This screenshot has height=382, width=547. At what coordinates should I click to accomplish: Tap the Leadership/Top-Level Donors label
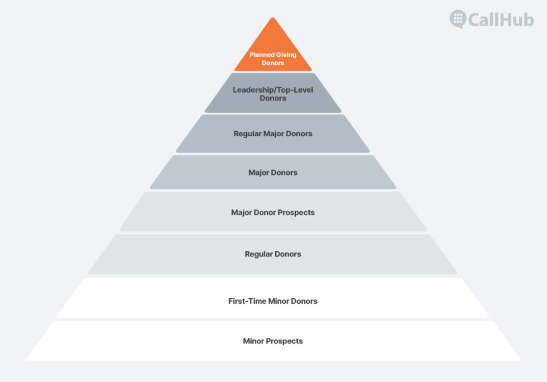click(x=273, y=93)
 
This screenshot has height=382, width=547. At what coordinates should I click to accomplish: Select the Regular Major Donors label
click(x=273, y=133)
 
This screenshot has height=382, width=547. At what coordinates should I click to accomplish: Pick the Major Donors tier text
click(x=273, y=173)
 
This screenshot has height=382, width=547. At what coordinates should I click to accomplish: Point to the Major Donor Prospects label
click(x=273, y=213)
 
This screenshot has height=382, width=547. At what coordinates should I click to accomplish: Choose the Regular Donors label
click(x=273, y=254)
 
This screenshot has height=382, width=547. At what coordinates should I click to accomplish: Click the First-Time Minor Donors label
click(x=273, y=301)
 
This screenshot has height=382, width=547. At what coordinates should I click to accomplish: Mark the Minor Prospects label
click(x=273, y=341)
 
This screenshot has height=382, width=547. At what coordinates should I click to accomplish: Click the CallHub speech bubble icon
click(x=458, y=18)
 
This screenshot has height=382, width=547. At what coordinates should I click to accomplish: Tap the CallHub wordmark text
click(x=501, y=19)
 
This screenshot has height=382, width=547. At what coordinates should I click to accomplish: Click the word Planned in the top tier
click(x=261, y=55)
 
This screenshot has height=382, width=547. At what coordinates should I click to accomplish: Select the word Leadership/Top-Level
click(x=273, y=89)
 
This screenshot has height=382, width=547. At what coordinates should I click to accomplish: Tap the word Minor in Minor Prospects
click(x=253, y=341)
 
